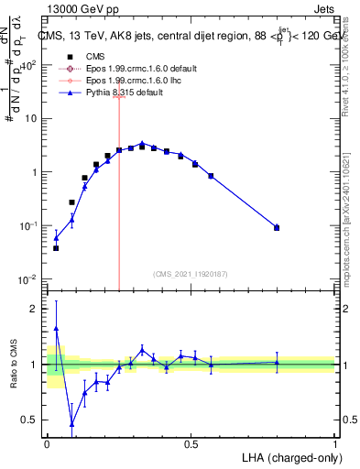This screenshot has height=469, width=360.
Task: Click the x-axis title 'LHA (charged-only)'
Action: (x=291, y=456)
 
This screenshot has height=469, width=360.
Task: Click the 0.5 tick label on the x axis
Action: (x=191, y=443)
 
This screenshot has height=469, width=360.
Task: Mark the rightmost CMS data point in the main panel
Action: (x=277, y=227)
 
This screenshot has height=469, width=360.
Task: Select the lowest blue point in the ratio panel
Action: (x=71, y=423)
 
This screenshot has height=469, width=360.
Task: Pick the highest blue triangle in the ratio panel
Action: (x=56, y=328)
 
